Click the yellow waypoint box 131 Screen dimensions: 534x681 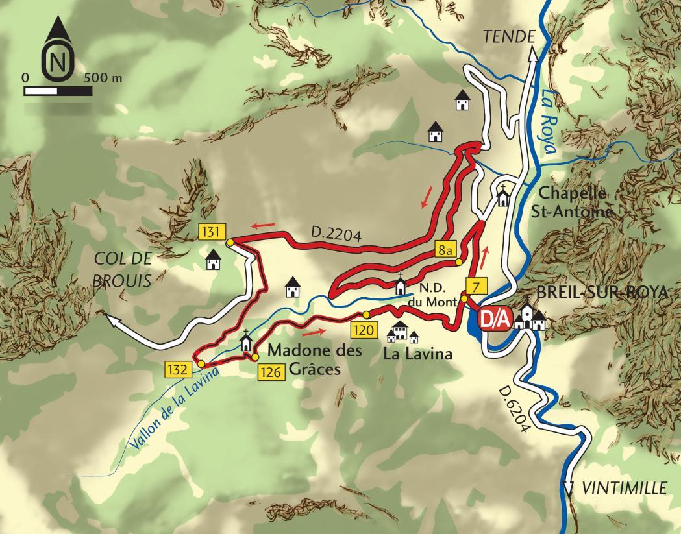pos(212,232)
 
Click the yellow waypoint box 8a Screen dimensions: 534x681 pos(445,249)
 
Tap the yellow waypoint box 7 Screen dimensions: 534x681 pos(477,285)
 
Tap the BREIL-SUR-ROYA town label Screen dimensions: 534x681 pos(602,293)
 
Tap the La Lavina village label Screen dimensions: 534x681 pos(418,355)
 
